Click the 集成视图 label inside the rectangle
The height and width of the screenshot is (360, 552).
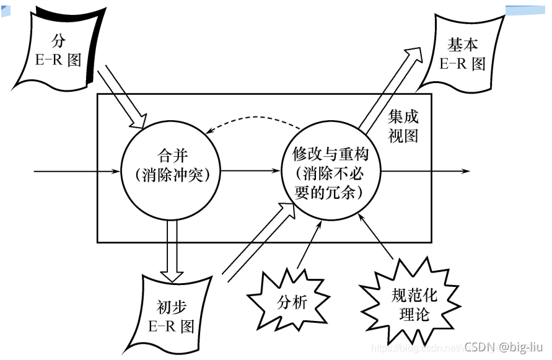(x=403, y=126)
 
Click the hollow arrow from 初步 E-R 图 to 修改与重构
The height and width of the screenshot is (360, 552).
(x=254, y=245)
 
